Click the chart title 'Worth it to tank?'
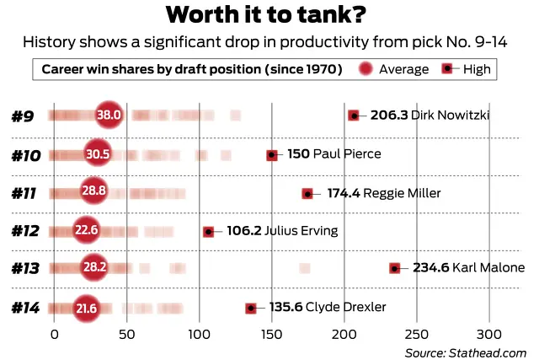point(269,15)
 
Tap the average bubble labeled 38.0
point(109,115)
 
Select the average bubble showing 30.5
point(99,154)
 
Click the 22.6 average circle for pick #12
point(87,230)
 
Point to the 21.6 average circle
point(87,309)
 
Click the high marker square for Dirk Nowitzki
point(354,116)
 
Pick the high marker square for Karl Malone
point(394,268)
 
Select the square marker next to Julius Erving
point(208,230)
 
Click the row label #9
point(23,116)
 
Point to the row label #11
point(24,193)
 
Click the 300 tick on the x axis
point(489,332)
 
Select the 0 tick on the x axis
point(54,332)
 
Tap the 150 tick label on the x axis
point(271,332)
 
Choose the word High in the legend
point(477,69)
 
